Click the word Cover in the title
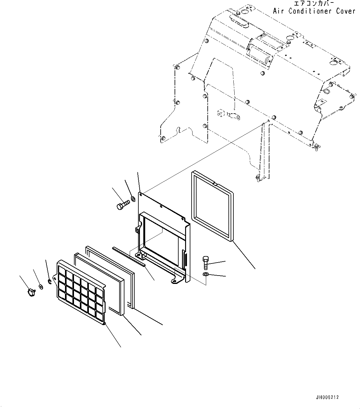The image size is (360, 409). [346, 11]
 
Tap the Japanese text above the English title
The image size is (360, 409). [314, 3]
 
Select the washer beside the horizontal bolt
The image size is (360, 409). [132, 198]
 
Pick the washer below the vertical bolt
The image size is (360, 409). [206, 274]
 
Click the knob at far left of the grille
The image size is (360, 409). [31, 291]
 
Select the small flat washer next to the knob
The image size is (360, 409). [41, 287]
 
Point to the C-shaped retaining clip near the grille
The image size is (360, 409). [50, 281]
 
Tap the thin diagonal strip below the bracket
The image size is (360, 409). [129, 256]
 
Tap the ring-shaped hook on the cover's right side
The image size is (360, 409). [327, 91]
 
